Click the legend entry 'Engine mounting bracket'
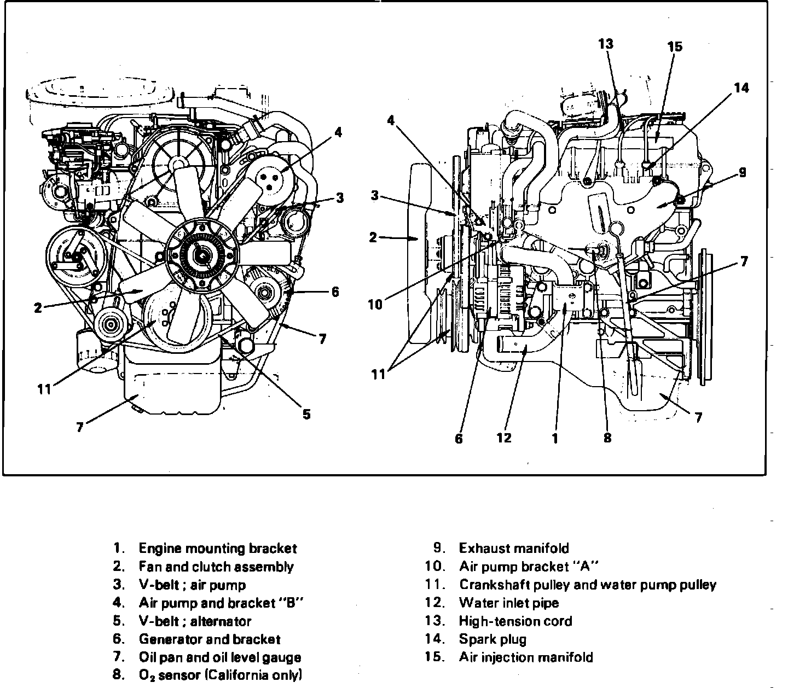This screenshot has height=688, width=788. [217, 548]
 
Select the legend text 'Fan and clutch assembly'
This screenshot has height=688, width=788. [216, 567]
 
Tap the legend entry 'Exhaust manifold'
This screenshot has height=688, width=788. [514, 548]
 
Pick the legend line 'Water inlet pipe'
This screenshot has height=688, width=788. [509, 603]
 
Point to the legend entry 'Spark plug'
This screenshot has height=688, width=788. [493, 639]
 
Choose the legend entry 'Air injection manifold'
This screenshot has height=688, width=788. [526, 657]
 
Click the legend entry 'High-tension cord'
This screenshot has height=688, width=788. [515, 621]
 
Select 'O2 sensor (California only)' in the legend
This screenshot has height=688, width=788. [220, 675]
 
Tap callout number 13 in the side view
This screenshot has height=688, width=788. [606, 44]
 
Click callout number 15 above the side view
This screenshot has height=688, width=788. [675, 46]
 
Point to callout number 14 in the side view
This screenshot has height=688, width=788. [741, 88]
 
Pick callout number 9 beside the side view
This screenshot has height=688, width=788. [743, 172]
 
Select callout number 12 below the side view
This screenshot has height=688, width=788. [504, 438]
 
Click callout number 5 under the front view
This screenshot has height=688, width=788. [306, 415]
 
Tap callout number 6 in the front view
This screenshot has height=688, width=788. [335, 291]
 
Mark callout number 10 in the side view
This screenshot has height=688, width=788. [375, 304]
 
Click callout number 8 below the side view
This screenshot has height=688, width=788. [607, 438]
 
